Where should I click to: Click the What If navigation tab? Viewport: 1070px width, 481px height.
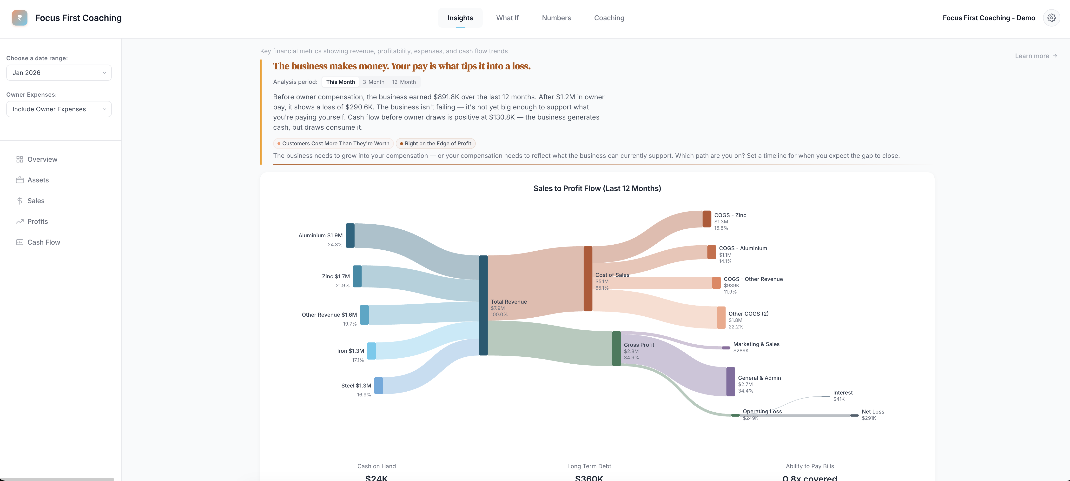(x=507, y=18)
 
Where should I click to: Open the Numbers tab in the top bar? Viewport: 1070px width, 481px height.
(x=556, y=18)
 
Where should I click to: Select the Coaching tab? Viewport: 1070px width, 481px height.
(x=609, y=18)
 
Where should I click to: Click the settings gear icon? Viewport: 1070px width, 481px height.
(x=1051, y=18)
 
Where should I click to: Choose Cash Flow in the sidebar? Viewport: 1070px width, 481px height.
(x=44, y=242)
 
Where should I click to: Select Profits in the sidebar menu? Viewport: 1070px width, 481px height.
(x=37, y=221)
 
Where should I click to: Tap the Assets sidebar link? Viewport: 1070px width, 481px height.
(x=38, y=180)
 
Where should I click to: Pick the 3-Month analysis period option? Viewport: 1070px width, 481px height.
(x=373, y=82)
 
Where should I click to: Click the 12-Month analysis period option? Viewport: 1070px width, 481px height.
(x=404, y=82)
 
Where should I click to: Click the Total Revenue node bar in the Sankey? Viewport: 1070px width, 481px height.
(x=483, y=305)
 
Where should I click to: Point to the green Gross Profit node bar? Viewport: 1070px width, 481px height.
(x=616, y=348)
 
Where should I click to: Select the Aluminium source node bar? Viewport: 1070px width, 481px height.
(x=350, y=235)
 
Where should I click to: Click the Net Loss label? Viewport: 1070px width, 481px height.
(x=873, y=412)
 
